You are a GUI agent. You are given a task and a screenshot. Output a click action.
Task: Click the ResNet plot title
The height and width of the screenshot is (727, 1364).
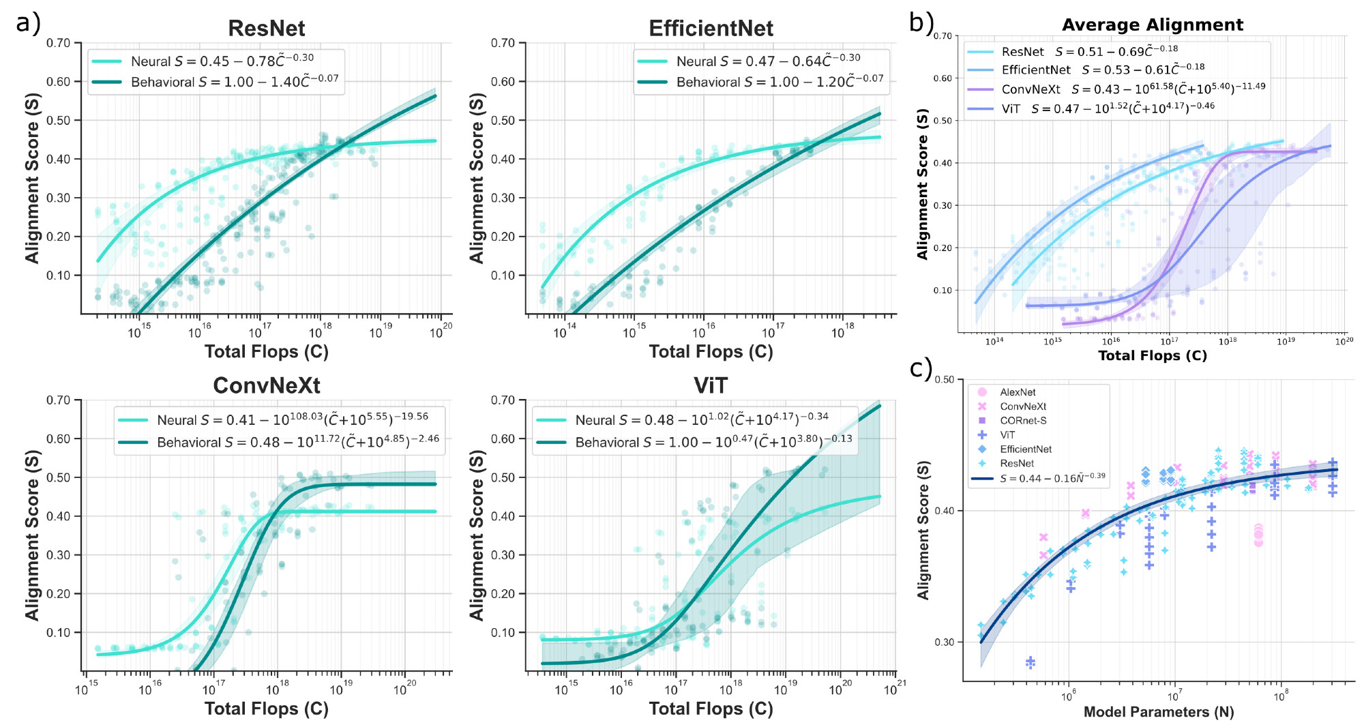(x=266, y=28)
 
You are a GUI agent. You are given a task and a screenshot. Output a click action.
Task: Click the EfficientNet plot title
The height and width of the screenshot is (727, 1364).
(x=711, y=28)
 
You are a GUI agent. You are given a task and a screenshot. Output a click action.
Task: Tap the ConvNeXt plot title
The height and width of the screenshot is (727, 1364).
(x=266, y=385)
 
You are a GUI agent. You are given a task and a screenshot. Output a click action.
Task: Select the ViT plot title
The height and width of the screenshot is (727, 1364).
(x=710, y=385)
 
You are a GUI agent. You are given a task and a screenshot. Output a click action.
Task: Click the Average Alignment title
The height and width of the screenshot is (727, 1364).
(x=1152, y=25)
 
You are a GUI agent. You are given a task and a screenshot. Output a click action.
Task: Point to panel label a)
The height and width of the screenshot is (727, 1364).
(x=28, y=23)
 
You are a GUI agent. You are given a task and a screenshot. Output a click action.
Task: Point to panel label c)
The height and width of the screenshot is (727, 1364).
(x=921, y=368)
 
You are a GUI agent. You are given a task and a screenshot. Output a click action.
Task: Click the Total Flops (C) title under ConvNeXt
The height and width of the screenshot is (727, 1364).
(x=266, y=709)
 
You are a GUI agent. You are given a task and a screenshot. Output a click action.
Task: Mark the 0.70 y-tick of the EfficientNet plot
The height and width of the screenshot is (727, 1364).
(x=503, y=43)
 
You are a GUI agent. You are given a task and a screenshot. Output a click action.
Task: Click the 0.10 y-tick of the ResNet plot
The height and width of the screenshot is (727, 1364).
(x=59, y=276)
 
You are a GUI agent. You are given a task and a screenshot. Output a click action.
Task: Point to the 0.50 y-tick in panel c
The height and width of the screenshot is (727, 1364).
(x=944, y=380)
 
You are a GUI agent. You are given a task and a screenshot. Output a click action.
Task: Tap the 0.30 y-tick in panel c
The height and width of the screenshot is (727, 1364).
(x=944, y=642)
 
